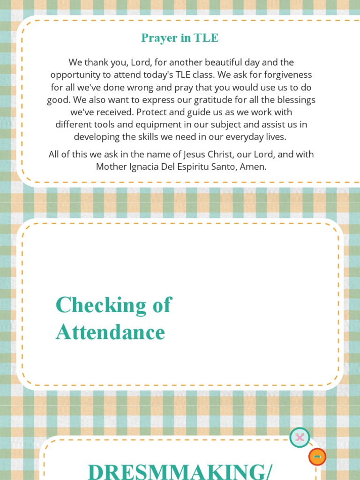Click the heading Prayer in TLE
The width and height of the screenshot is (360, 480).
(180, 38)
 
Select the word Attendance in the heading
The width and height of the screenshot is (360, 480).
(110, 332)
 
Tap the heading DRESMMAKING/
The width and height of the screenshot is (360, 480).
(180, 472)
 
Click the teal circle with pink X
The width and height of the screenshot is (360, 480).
(300, 438)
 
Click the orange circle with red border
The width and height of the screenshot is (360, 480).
(317, 457)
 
